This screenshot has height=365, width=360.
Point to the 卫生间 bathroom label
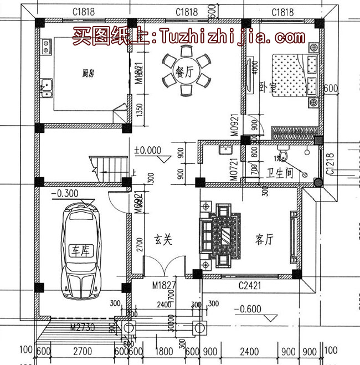(x=279, y=172)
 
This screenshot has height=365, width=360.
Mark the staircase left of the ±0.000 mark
(x=111, y=164)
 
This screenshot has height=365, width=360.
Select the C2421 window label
(x=250, y=285)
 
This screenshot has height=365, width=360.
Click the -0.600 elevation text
(x=248, y=310)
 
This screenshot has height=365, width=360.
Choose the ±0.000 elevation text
(x=148, y=150)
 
